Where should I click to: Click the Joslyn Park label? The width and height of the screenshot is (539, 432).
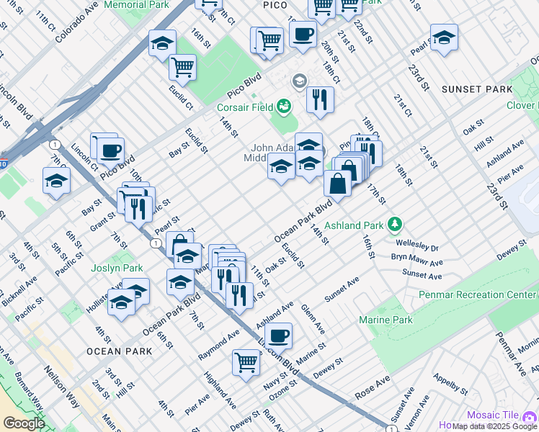(116, 268)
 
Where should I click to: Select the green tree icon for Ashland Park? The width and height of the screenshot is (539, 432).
(394, 225)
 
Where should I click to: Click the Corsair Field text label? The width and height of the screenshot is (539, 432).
(245, 107)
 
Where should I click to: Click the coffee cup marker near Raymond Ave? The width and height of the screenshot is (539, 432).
(279, 334)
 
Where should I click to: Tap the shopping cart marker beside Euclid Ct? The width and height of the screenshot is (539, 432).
(183, 68)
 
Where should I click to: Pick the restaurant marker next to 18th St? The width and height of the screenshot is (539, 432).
(320, 99)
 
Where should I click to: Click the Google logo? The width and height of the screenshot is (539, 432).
(24, 423)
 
